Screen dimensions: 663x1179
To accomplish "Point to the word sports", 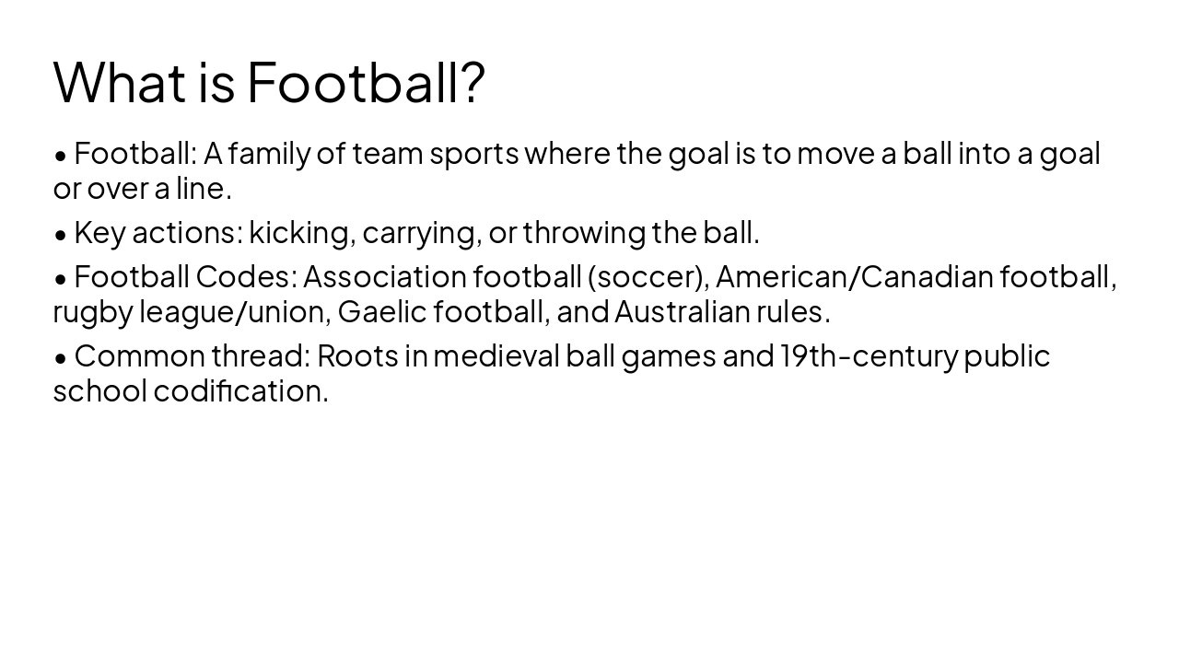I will tap(473, 154).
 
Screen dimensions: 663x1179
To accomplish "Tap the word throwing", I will tap(584, 233).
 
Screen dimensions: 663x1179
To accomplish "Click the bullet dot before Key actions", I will tap(61, 235).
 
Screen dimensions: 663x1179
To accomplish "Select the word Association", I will tap(384, 276).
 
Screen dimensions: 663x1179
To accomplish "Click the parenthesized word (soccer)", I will tap(648, 276).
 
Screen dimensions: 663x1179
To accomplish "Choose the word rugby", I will tap(93, 312).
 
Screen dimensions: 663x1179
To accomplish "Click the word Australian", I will tap(683, 312).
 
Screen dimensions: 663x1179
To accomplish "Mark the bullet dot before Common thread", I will tap(61, 357).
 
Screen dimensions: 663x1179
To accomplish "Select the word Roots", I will tap(357, 355).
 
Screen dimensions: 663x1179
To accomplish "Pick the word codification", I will tap(240, 391).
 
